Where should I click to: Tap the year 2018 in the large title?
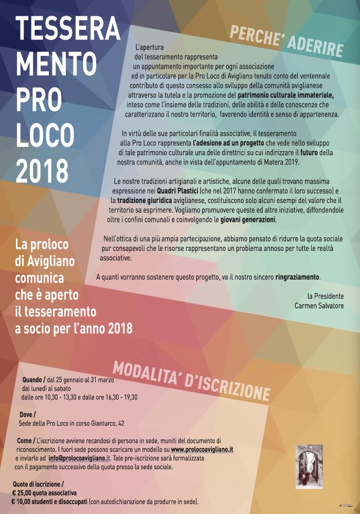(42, 171)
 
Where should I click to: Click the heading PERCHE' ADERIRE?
(286, 41)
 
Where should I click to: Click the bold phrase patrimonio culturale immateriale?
(286, 95)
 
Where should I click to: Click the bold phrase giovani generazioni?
(248, 220)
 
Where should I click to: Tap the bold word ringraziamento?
(297, 277)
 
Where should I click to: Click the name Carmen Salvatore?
(319, 306)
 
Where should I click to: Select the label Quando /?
(34, 380)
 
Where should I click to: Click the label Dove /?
(28, 414)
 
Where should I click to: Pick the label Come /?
(26, 441)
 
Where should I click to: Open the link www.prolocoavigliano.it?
(202, 449)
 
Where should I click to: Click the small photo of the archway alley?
(309, 467)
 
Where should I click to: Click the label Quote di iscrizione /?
(39, 484)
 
